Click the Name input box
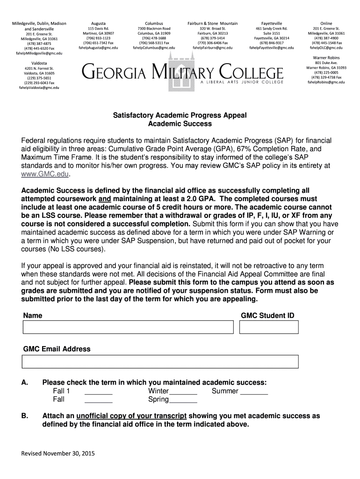[128, 327]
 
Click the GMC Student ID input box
[269, 327]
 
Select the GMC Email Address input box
[160, 362]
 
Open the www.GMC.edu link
[46, 174]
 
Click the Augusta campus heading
[98, 23]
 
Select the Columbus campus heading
[154, 23]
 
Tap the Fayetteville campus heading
[272, 23]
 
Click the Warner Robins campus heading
[326, 57]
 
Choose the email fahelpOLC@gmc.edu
[326, 48]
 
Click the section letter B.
[25, 416]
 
